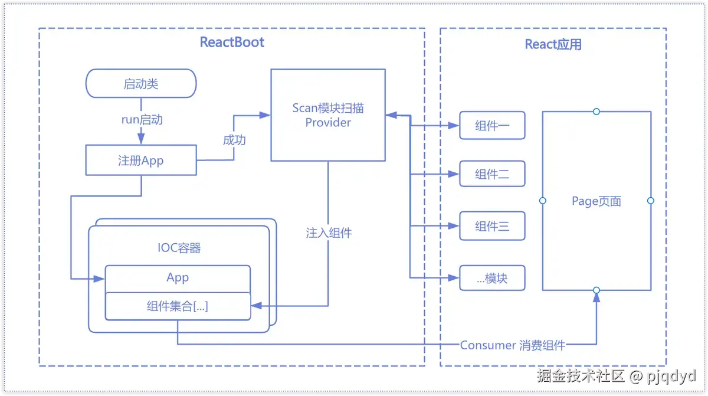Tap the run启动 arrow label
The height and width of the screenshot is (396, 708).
pos(142,119)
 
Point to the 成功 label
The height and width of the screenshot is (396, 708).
pos(234,140)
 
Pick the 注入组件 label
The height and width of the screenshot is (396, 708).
pos(329,233)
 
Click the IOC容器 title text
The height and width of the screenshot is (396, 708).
pos(179,248)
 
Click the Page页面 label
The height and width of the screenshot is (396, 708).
pos(596,201)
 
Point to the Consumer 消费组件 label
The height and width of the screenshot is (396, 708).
pos(512,345)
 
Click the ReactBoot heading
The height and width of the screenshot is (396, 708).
pos(232,42)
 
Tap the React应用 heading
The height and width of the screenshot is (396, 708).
pos(553,44)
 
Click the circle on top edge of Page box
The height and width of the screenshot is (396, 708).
pos(596,112)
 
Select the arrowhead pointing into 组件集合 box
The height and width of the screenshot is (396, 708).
pos(256,306)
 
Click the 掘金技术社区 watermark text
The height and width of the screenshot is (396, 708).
pos(581,375)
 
